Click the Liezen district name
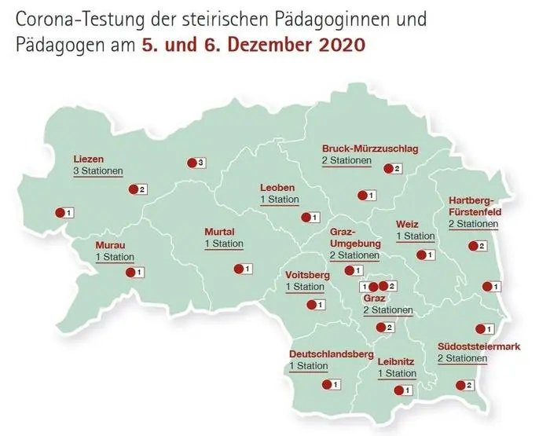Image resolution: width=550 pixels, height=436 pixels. click(x=88, y=157)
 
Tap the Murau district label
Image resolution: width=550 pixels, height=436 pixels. click(x=110, y=244)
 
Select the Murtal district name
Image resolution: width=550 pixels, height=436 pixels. click(x=220, y=232)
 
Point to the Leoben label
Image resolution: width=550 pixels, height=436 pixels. click(x=277, y=188)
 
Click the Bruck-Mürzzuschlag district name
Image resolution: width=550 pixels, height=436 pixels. click(x=369, y=148)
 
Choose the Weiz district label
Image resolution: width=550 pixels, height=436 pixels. click(x=408, y=224)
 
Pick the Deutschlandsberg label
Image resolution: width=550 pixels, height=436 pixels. click(x=331, y=354)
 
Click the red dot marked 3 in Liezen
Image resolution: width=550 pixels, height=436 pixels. click(x=191, y=163)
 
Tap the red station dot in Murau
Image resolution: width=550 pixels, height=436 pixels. click(x=130, y=273)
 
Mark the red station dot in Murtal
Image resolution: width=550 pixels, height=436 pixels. click(x=238, y=269)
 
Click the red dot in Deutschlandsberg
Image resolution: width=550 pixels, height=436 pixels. click(x=327, y=384)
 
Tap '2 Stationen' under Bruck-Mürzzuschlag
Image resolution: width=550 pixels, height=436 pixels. click(x=346, y=161)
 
